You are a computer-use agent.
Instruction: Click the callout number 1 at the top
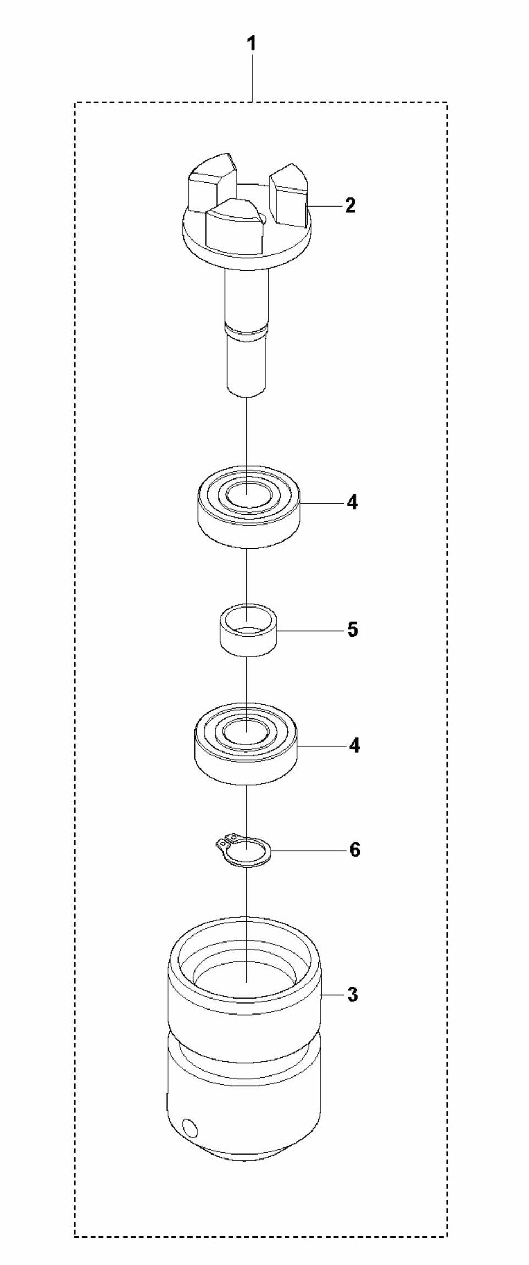click(252, 44)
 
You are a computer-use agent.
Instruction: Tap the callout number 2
click(350, 205)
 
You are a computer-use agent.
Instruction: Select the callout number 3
click(353, 994)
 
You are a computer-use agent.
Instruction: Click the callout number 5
click(352, 629)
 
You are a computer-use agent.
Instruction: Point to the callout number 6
click(355, 850)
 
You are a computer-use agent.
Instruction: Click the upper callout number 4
click(352, 502)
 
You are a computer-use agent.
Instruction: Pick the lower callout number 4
click(354, 746)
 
